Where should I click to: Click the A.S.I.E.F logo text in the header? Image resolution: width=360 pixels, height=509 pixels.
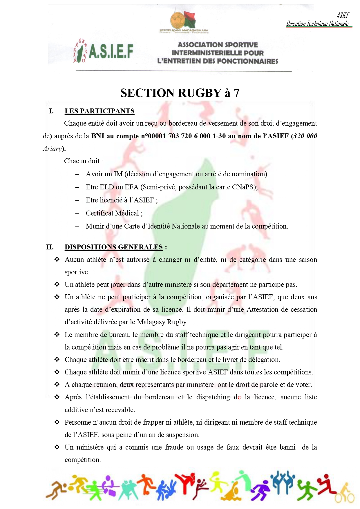(111, 52)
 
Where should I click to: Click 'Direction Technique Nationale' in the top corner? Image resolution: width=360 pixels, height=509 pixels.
(317, 24)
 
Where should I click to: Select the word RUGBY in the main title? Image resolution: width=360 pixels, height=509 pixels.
(200, 93)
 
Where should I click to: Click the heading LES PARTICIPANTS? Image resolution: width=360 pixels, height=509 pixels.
(100, 111)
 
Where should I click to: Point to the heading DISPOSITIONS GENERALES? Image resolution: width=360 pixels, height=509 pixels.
(113, 247)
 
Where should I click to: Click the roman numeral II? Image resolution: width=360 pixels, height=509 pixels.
(50, 247)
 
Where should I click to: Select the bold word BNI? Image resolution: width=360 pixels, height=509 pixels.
(98, 136)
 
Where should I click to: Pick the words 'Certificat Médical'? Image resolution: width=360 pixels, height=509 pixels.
(112, 213)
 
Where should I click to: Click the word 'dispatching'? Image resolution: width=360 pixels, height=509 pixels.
(213, 397)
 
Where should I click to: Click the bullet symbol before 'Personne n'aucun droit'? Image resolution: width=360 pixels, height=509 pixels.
(57, 422)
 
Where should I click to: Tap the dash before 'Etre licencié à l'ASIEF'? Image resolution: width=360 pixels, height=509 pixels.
(77, 200)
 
